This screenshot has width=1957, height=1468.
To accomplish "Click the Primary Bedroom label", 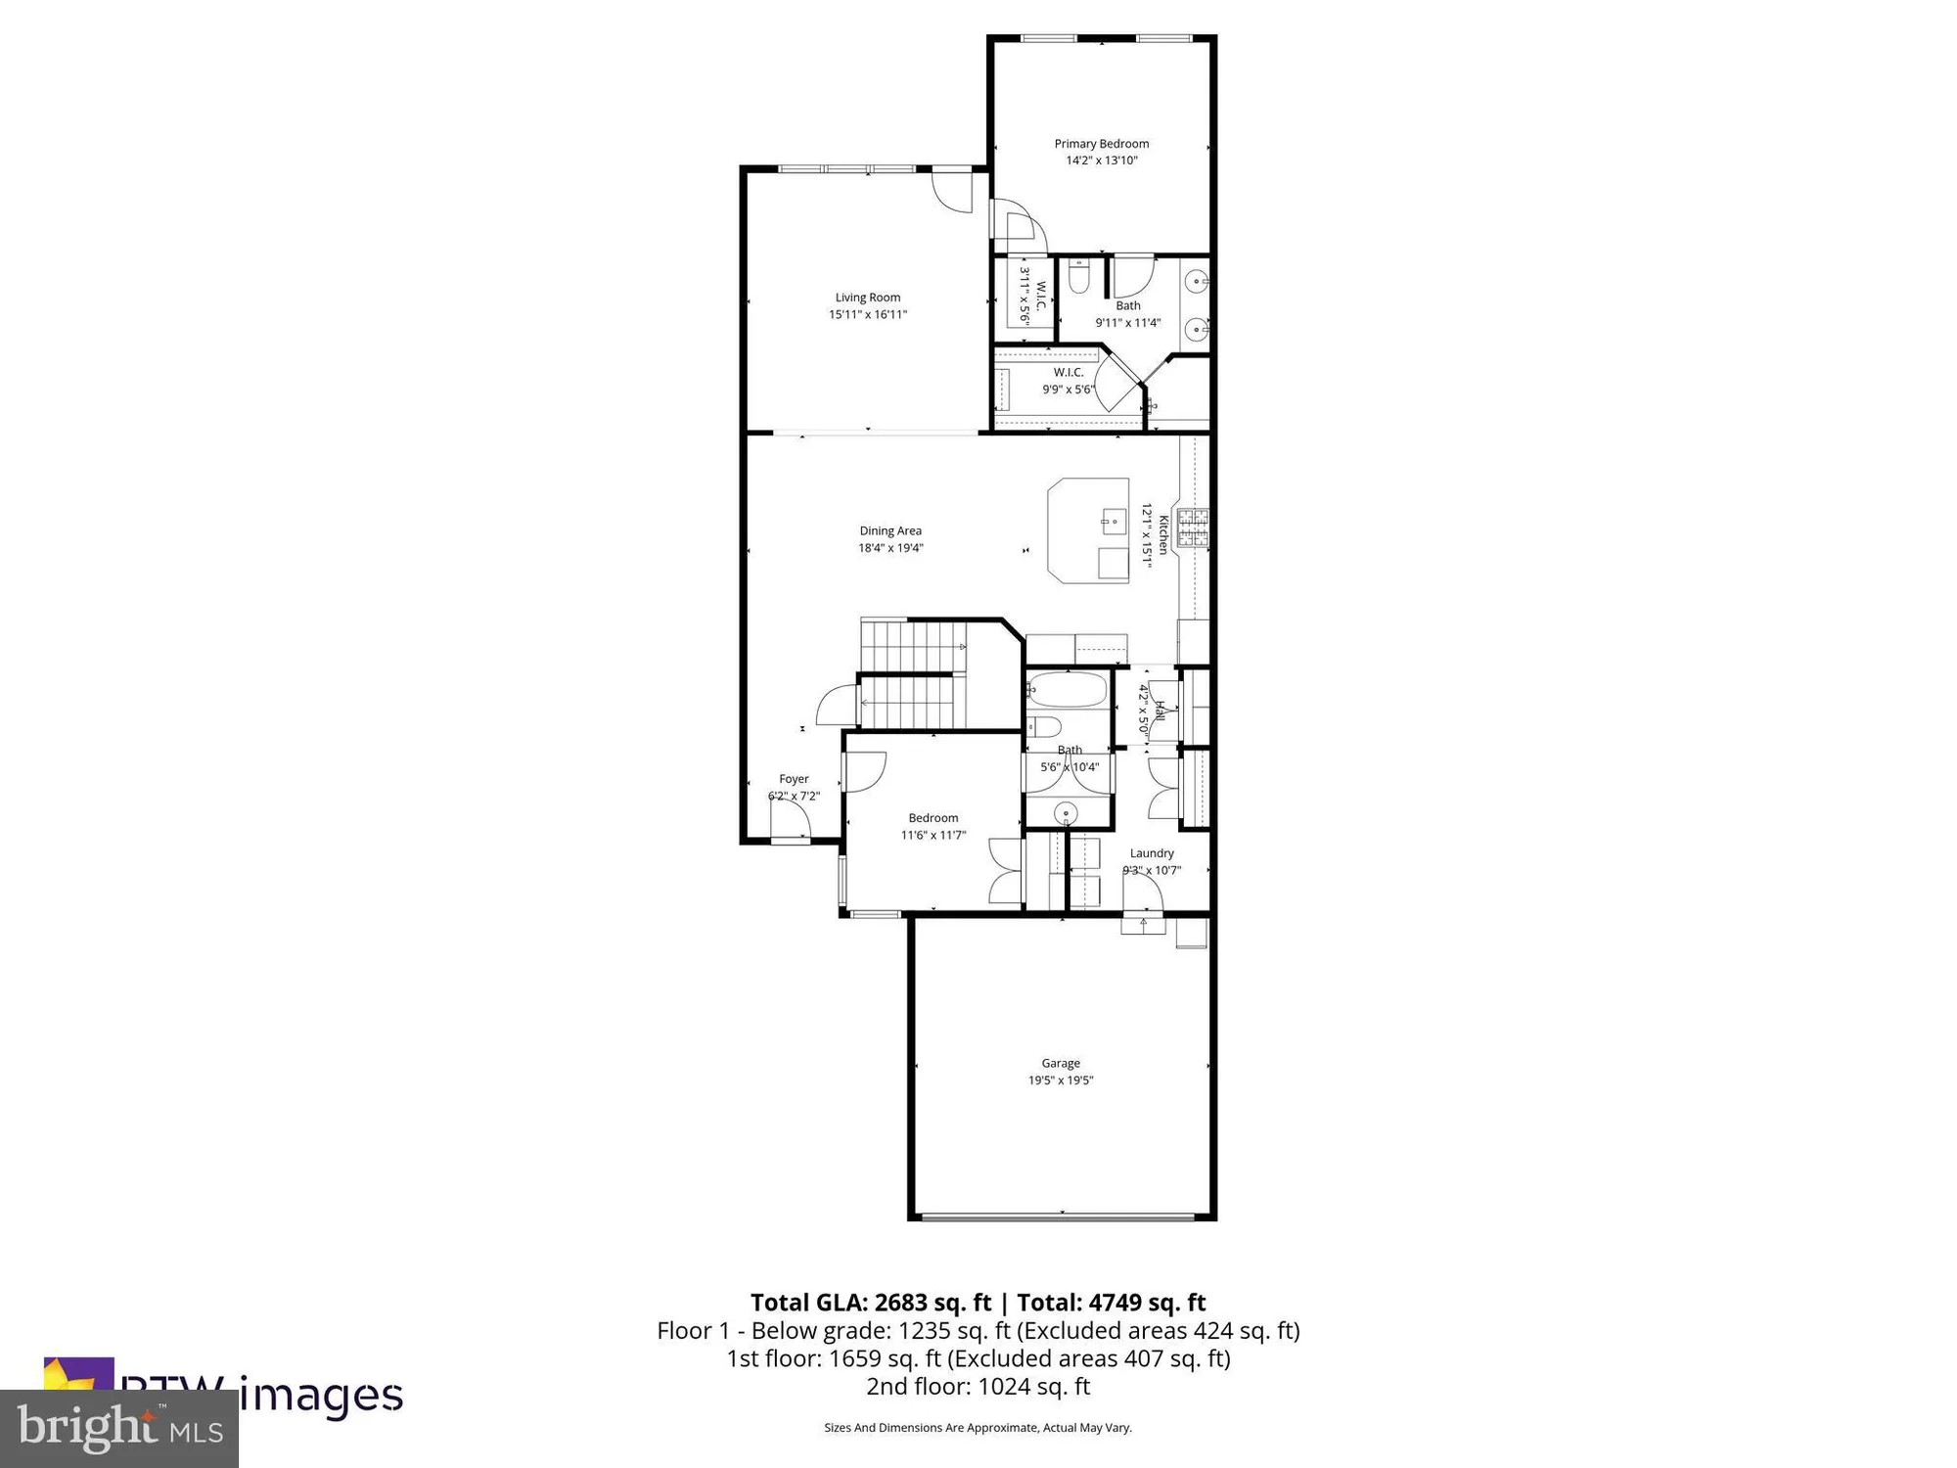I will [x=1101, y=144].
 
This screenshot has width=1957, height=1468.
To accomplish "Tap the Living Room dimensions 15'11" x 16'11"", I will [x=868, y=315].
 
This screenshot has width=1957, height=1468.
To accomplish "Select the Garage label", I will [x=1061, y=1063].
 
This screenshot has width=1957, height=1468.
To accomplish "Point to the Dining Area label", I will [x=890, y=531].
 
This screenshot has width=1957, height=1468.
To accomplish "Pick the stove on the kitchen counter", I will [x=1193, y=528].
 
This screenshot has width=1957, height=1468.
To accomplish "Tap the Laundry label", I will [x=1152, y=853].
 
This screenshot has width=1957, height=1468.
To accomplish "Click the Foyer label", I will [x=794, y=779].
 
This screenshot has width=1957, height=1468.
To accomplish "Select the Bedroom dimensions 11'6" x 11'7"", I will [x=933, y=836].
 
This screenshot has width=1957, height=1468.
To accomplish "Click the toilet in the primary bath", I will [x=1078, y=277].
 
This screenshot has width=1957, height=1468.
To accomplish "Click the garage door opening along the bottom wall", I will [x=1061, y=1216].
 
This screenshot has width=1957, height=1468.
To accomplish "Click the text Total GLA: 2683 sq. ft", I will [x=871, y=1303].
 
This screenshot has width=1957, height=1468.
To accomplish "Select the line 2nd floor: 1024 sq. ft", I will [x=978, y=1387].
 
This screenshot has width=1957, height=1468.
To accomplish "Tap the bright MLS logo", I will [x=119, y=1429].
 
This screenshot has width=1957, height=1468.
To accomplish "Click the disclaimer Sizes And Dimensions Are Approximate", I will [x=978, y=1428].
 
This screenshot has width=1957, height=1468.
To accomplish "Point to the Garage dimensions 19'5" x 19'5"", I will [x=1061, y=1080].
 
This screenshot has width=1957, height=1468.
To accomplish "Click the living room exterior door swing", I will [x=951, y=191].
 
